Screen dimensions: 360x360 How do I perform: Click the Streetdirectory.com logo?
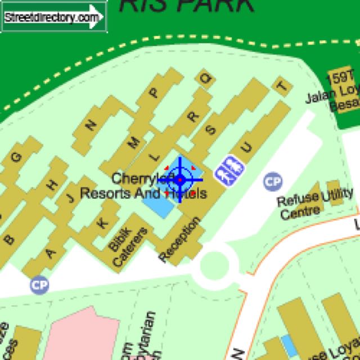pos(53,17)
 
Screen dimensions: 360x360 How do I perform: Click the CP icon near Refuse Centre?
pos(273,181)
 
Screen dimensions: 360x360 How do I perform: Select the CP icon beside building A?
pos(39,284)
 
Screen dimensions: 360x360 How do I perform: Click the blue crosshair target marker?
pos(180,180)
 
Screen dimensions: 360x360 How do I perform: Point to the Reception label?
pos(180,240)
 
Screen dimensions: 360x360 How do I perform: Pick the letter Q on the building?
pos(206,79)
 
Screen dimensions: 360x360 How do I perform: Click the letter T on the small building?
pos(282,85)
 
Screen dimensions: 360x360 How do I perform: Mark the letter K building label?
pos(102,222)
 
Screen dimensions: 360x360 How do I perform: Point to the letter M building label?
pos(134,143)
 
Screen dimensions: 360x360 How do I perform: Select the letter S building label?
pos(211,130)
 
